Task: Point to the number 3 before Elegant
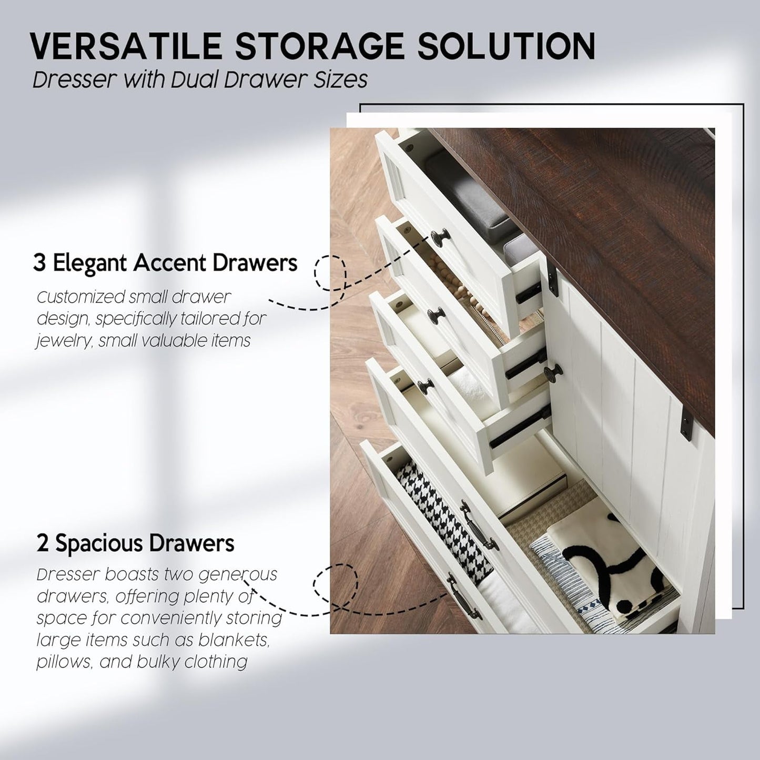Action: pos(39,262)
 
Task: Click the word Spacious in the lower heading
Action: pos(98,543)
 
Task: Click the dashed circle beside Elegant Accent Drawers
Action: pos(330,272)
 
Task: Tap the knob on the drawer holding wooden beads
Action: pos(437,316)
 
